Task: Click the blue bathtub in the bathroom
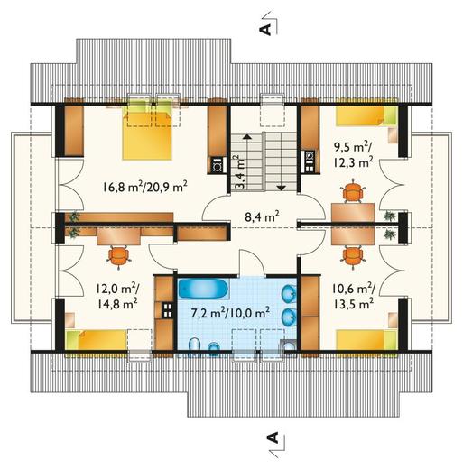point(204,289)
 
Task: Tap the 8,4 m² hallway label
point(262,216)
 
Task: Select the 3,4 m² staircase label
point(240,171)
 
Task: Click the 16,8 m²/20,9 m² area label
point(145,187)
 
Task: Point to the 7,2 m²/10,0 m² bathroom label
point(230,313)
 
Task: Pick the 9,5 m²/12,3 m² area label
point(353,154)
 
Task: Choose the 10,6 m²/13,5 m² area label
point(353,297)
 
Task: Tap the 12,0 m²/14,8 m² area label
point(117,297)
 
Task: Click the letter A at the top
point(265,30)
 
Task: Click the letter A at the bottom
point(273,438)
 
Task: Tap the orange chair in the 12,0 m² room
point(119,256)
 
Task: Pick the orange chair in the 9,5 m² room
point(353,191)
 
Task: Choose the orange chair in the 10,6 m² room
point(353,255)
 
